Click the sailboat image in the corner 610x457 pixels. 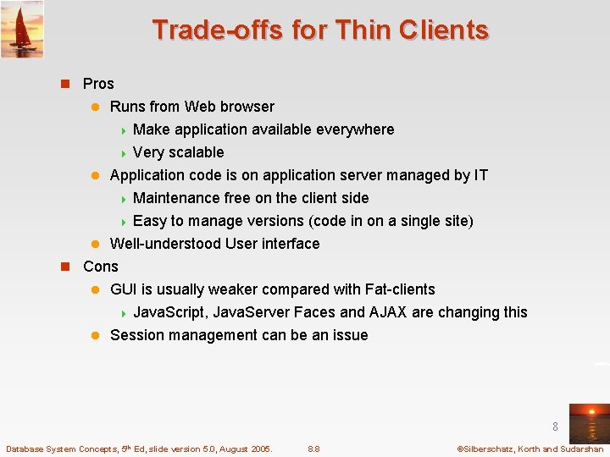click(22, 29)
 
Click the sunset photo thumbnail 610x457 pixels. click(589, 422)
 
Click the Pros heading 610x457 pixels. click(98, 84)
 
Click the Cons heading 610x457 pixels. click(101, 267)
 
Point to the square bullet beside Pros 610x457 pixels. click(64, 84)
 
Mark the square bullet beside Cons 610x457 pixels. click(64, 267)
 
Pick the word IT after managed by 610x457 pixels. click(480, 175)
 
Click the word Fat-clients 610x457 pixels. click(400, 289)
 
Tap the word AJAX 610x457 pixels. click(384, 312)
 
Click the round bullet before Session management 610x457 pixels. click(96, 335)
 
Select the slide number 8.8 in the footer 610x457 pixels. click(313, 449)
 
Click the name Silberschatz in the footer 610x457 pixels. click(491, 449)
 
